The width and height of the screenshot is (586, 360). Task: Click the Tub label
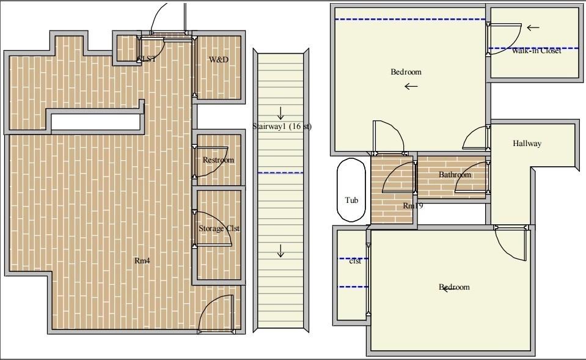[x=351, y=200]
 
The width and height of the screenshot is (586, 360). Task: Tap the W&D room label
[x=219, y=59]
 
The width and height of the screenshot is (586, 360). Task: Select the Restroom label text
[x=218, y=160]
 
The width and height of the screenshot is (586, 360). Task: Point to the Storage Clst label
[x=219, y=229]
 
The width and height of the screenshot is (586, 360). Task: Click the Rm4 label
[x=142, y=260]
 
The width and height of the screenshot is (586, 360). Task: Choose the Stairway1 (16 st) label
[x=282, y=127]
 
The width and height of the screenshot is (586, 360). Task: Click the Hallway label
[x=527, y=144]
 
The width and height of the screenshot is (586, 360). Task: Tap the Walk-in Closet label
[x=537, y=51]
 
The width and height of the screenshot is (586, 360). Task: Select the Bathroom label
[x=455, y=175]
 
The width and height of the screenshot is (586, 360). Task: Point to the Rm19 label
[x=413, y=206]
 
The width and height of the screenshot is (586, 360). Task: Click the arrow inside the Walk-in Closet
[x=533, y=28]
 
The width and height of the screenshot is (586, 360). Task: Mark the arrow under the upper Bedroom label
[x=411, y=86]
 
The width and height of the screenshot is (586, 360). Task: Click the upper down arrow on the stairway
[x=281, y=113]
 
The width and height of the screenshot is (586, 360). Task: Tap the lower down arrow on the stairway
[x=281, y=251]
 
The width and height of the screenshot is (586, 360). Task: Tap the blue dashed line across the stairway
[x=281, y=173]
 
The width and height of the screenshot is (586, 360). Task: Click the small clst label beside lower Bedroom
[x=354, y=261]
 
